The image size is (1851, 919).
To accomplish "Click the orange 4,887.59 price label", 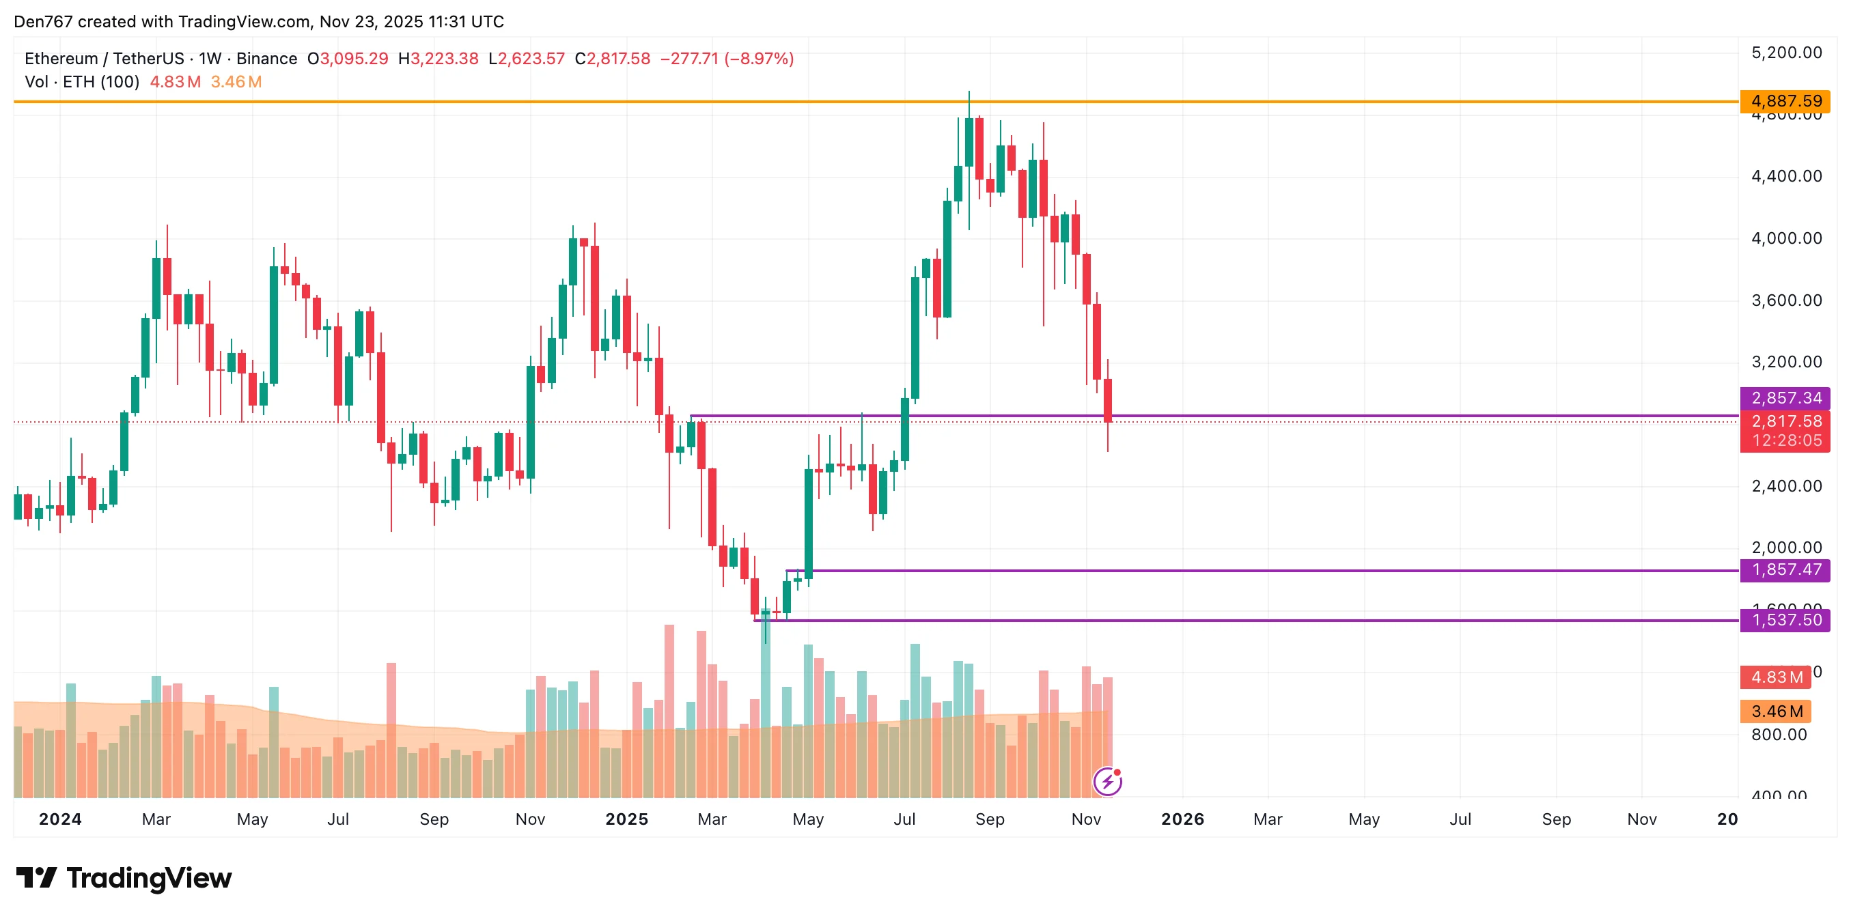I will (x=1785, y=101).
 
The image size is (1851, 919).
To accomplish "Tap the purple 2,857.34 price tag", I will (x=1785, y=398).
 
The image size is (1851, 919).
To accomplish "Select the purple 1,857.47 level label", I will (x=1785, y=570).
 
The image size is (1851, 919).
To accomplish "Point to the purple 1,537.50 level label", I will (x=1785, y=619).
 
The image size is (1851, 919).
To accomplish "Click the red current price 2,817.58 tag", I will (x=1785, y=421).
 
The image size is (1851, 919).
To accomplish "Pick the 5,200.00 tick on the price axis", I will (x=1786, y=53).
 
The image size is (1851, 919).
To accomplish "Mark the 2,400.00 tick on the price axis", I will (x=1786, y=485).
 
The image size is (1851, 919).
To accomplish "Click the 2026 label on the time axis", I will (x=1182, y=819).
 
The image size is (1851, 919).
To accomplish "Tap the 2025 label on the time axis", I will (x=626, y=819).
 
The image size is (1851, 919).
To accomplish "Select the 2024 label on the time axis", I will (x=59, y=819).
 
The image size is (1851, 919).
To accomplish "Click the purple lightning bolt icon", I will (x=1107, y=781).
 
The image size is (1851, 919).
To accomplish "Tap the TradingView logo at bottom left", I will (x=124, y=878).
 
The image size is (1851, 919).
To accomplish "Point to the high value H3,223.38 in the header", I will (x=439, y=59).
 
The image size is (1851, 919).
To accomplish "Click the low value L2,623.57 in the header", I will (x=527, y=59).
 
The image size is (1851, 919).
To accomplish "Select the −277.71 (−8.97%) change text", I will (x=727, y=59).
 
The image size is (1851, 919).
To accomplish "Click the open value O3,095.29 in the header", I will (x=348, y=59).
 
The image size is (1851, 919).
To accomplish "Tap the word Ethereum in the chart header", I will (x=61, y=59).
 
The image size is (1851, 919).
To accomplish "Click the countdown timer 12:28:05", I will (x=1786, y=440).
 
